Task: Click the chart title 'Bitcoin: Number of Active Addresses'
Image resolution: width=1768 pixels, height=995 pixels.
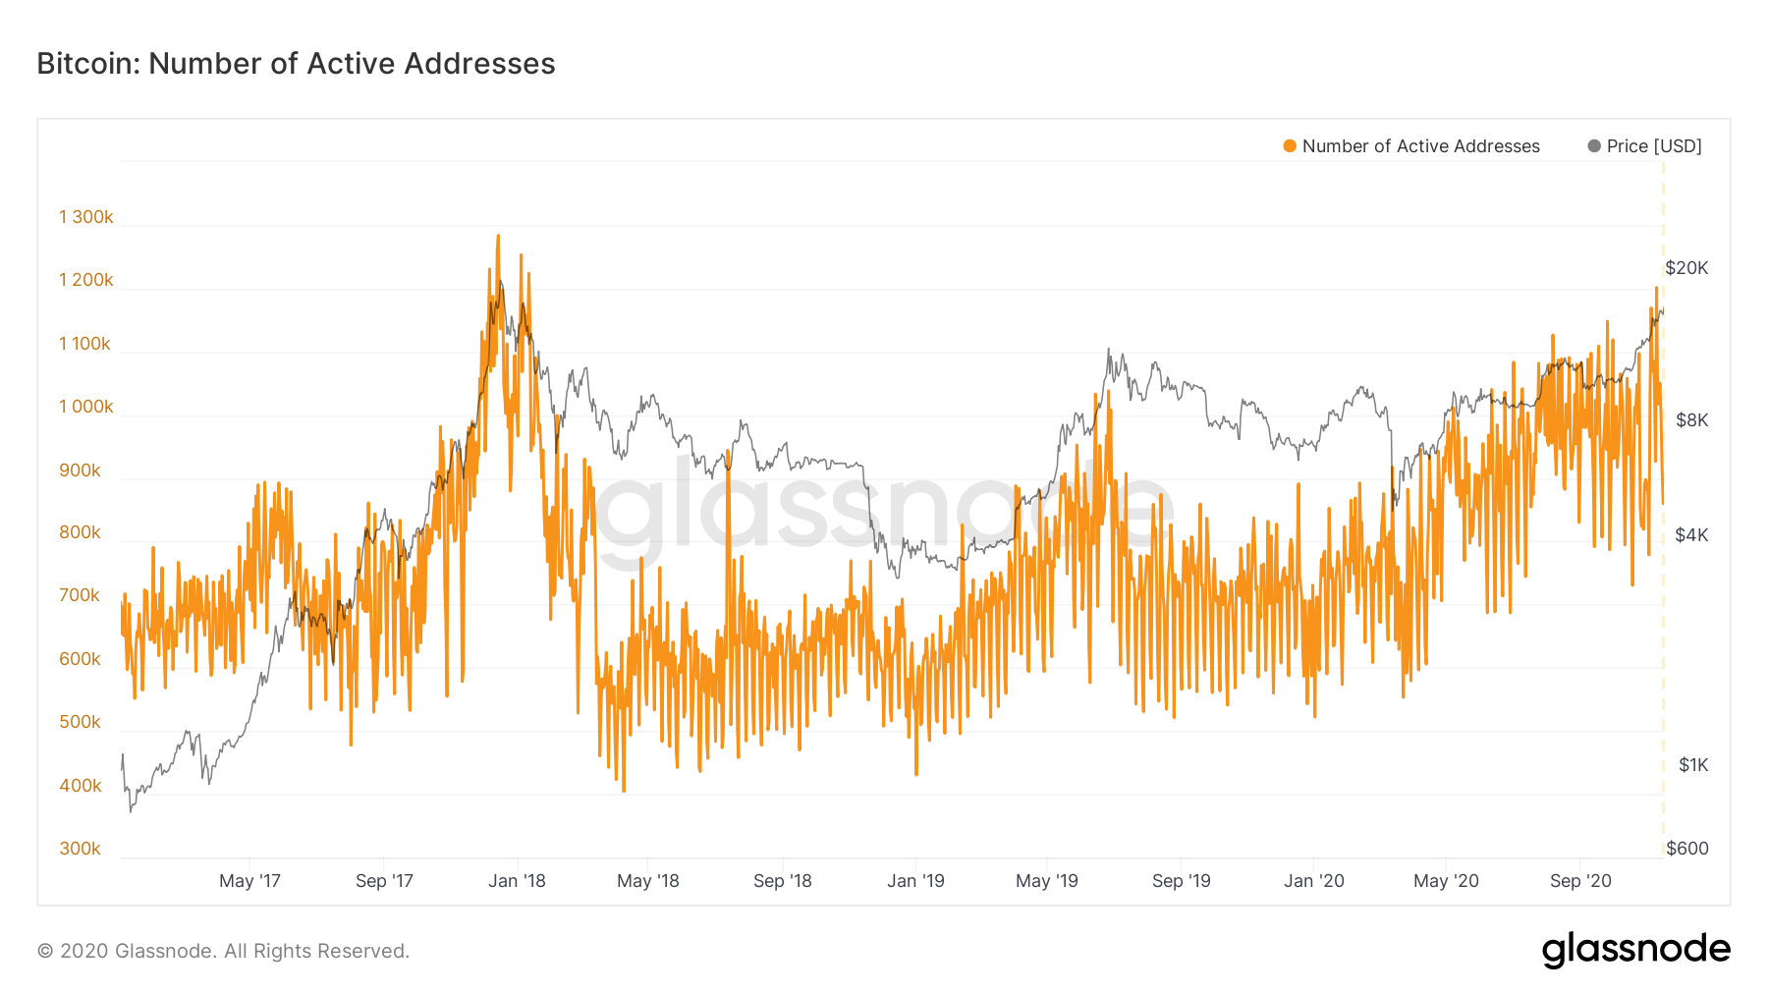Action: pyautogui.click(x=296, y=64)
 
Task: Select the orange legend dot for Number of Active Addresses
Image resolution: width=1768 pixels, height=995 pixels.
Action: pyautogui.click(x=1290, y=146)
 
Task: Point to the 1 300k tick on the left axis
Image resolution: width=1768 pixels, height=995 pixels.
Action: pyautogui.click(x=86, y=217)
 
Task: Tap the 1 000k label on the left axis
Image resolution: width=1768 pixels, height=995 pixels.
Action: pyautogui.click(x=86, y=407)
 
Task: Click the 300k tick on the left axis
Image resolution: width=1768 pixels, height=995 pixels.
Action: pyautogui.click(x=81, y=849)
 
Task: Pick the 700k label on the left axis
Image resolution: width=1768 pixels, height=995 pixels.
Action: pyautogui.click(x=81, y=595)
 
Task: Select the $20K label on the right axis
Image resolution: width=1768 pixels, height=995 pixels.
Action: pyautogui.click(x=1686, y=268)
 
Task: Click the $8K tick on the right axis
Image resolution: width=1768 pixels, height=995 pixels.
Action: pyautogui.click(x=1691, y=420)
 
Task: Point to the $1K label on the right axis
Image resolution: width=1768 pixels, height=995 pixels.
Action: pyautogui.click(x=1693, y=765)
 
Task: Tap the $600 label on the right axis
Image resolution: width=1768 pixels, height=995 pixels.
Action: pyautogui.click(x=1687, y=849)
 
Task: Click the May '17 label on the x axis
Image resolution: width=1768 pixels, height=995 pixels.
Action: pyautogui.click(x=249, y=881)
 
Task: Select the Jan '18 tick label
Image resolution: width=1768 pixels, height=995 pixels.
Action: pyautogui.click(x=517, y=881)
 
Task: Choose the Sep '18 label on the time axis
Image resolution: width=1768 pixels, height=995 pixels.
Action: pyautogui.click(x=782, y=881)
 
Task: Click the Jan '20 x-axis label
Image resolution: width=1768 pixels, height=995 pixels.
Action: pyautogui.click(x=1313, y=881)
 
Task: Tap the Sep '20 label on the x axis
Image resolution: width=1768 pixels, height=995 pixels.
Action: pyautogui.click(x=1580, y=881)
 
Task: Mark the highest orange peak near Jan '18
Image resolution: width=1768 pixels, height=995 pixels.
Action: pyautogui.click(x=498, y=237)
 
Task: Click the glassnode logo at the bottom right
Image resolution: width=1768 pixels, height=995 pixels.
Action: pyautogui.click(x=1635, y=950)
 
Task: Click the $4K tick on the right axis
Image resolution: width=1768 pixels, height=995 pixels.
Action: pyautogui.click(x=1691, y=535)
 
